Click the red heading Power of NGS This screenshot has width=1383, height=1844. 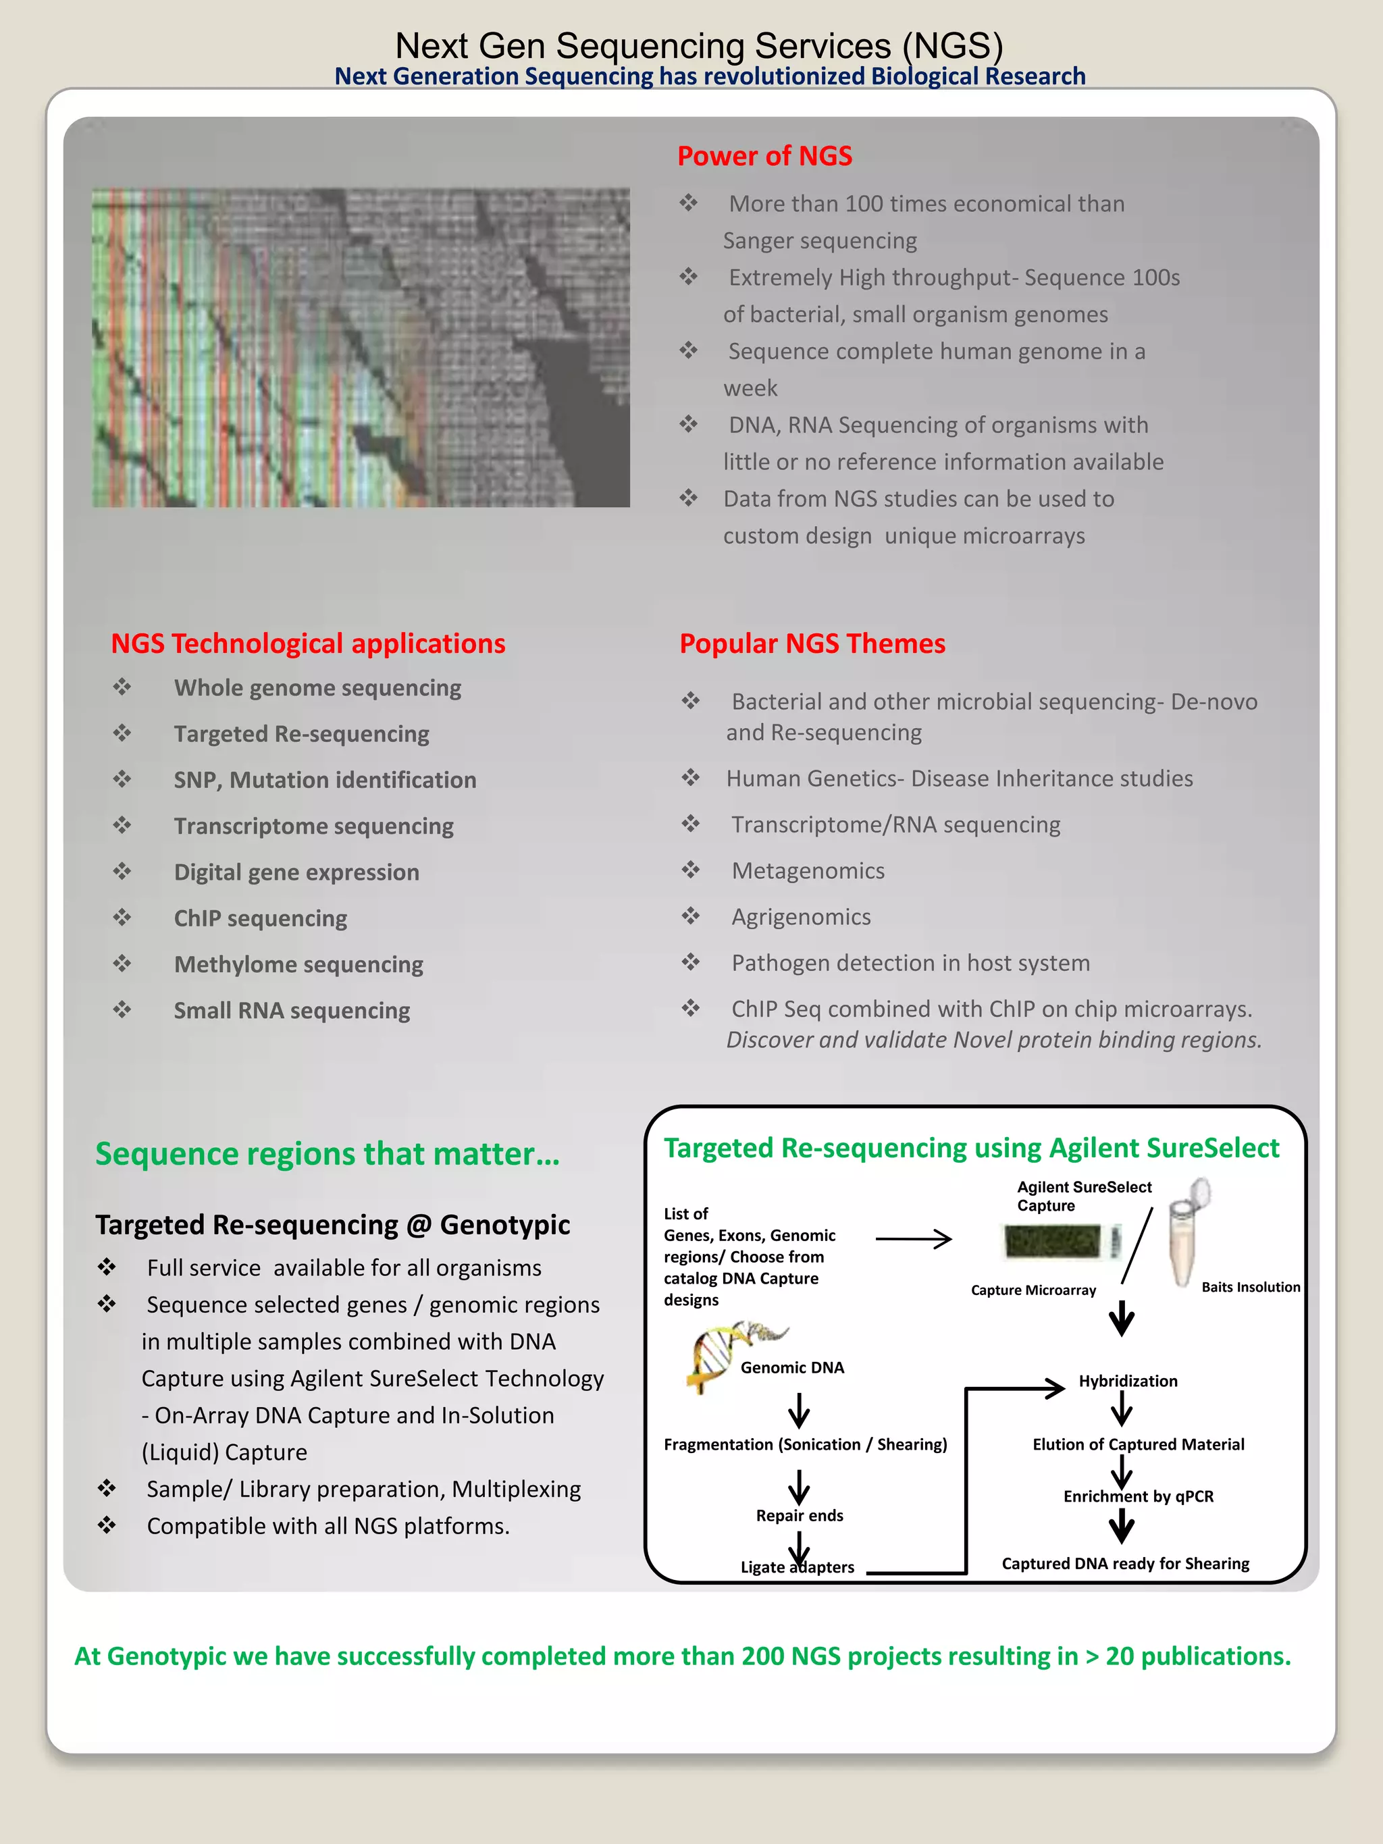(x=764, y=156)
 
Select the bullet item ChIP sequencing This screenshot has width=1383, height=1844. (x=260, y=918)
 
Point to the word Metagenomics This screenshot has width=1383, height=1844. (x=808, y=870)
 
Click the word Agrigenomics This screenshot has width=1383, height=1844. (x=801, y=917)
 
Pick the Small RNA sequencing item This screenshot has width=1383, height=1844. (x=292, y=1010)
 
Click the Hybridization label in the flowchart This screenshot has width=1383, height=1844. (x=1128, y=1381)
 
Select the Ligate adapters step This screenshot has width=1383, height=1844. (x=797, y=1567)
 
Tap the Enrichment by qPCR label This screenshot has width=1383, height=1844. (x=1138, y=1496)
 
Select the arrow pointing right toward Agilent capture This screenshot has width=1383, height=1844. (x=913, y=1239)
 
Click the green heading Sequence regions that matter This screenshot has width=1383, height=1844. (x=327, y=1154)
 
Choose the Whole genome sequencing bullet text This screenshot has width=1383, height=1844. (x=317, y=688)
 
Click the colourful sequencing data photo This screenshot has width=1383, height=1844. (x=360, y=348)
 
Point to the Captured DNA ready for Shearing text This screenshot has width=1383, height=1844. (x=1126, y=1564)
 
